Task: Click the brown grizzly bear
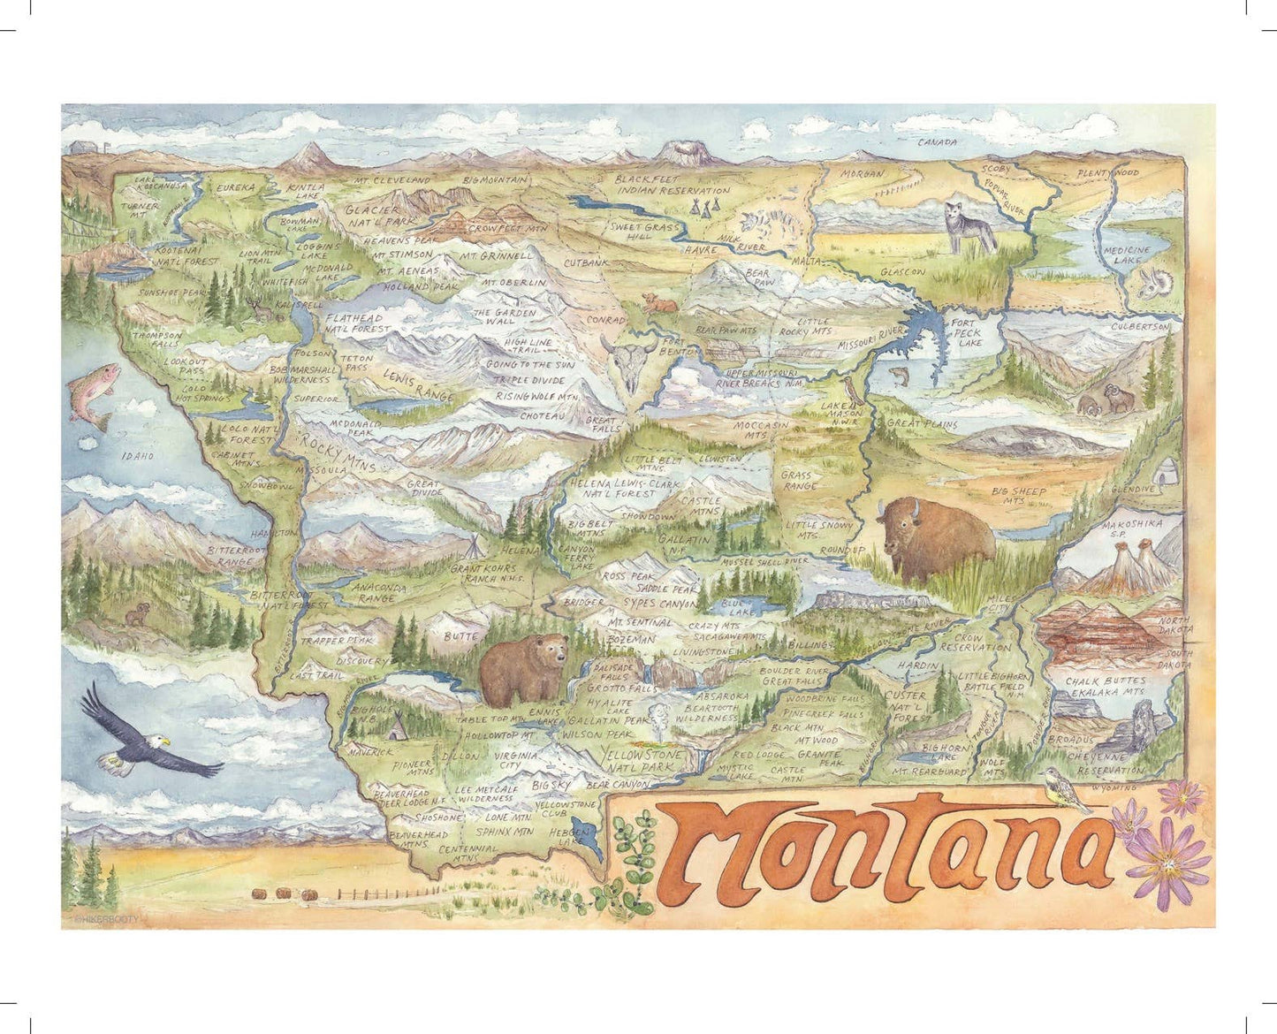click(523, 668)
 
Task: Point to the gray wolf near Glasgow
click(969, 225)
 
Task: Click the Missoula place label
click(324, 470)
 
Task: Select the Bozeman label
click(631, 639)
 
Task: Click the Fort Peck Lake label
click(967, 332)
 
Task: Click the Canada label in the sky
click(938, 141)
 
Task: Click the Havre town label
click(700, 250)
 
